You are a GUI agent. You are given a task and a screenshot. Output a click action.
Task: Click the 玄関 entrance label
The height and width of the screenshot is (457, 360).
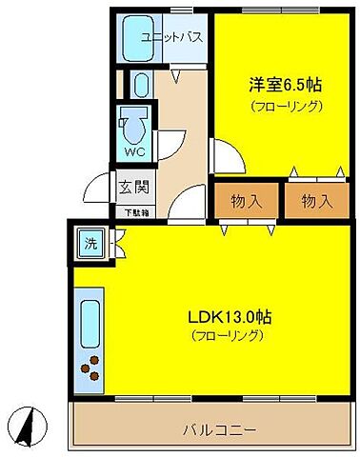pyautogui.click(x=131, y=187)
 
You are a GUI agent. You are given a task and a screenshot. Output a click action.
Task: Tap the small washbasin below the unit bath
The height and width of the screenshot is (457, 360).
pyautogui.click(x=139, y=86)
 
